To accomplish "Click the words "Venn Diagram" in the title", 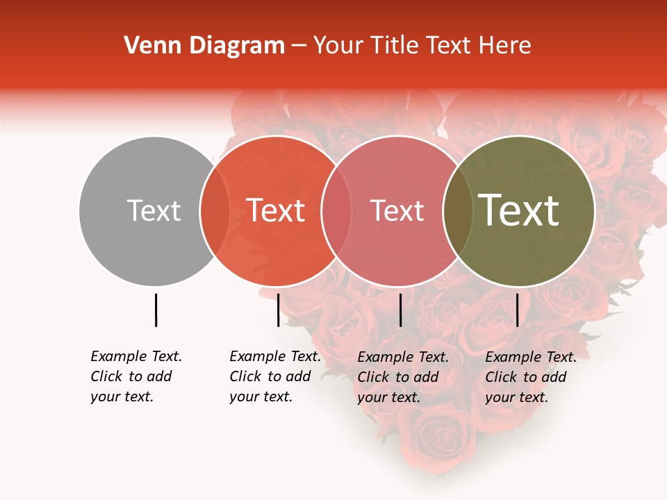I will pyautogui.click(x=204, y=46).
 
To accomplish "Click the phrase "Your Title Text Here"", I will pyautogui.click(x=422, y=46).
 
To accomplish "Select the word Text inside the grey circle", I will pyautogui.click(x=154, y=210).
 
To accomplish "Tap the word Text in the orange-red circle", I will pyautogui.click(x=276, y=210).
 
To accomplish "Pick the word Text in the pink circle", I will pyautogui.click(x=397, y=210).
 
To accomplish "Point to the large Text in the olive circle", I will pyautogui.click(x=519, y=210).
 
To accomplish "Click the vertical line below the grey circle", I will pyautogui.click(x=156, y=310).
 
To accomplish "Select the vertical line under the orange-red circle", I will pyautogui.click(x=278, y=310).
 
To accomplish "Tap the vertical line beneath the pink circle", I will pyautogui.click(x=400, y=310).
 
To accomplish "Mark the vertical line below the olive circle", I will pyautogui.click(x=517, y=310).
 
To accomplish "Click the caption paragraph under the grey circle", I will pyautogui.click(x=136, y=376).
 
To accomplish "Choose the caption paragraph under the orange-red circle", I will pyautogui.click(x=275, y=376).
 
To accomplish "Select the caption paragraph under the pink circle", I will pyautogui.click(x=403, y=377).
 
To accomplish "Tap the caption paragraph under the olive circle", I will pyautogui.click(x=531, y=377).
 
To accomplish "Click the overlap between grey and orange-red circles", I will pyautogui.click(x=215, y=211).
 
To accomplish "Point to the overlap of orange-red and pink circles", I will pyautogui.click(x=336, y=211).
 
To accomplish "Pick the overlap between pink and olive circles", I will pyautogui.click(x=458, y=211).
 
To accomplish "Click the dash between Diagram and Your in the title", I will pyautogui.click(x=299, y=47).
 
